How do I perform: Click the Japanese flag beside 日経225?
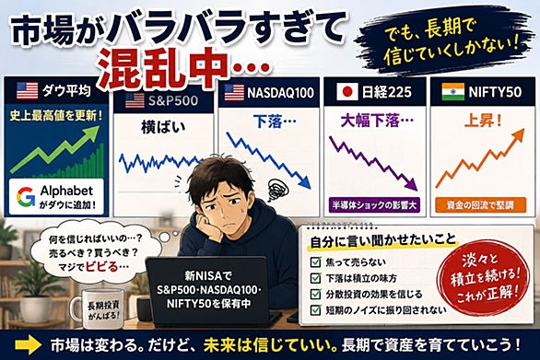pyautogui.click(x=347, y=91)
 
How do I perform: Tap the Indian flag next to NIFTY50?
pyautogui.click(x=452, y=91)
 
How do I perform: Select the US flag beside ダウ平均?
pyautogui.click(x=28, y=90)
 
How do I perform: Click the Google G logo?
pyautogui.click(x=26, y=197)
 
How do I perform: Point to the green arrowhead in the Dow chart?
pyautogui.click(x=92, y=133)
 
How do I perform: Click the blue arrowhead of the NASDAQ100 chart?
pyautogui.click(x=304, y=182)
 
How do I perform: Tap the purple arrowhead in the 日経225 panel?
pyautogui.click(x=411, y=184)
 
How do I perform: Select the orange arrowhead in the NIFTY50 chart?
pyautogui.click(x=518, y=134)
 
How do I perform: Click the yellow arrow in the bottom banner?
pyautogui.click(x=29, y=345)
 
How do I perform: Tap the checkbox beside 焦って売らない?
pyautogui.click(x=315, y=261)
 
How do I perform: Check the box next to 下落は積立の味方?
pyautogui.click(x=315, y=278)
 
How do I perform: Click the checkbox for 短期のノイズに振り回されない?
pyautogui.click(x=315, y=310)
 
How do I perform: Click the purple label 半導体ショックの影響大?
pyautogui.click(x=374, y=205)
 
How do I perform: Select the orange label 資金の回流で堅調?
pyautogui.click(x=480, y=205)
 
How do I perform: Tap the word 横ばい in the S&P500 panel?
pyautogui.click(x=163, y=128)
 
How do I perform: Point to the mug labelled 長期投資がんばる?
pyautogui.click(x=98, y=309)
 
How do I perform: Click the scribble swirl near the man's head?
pyautogui.click(x=278, y=190)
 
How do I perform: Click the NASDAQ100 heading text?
pyautogui.click(x=281, y=92)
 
